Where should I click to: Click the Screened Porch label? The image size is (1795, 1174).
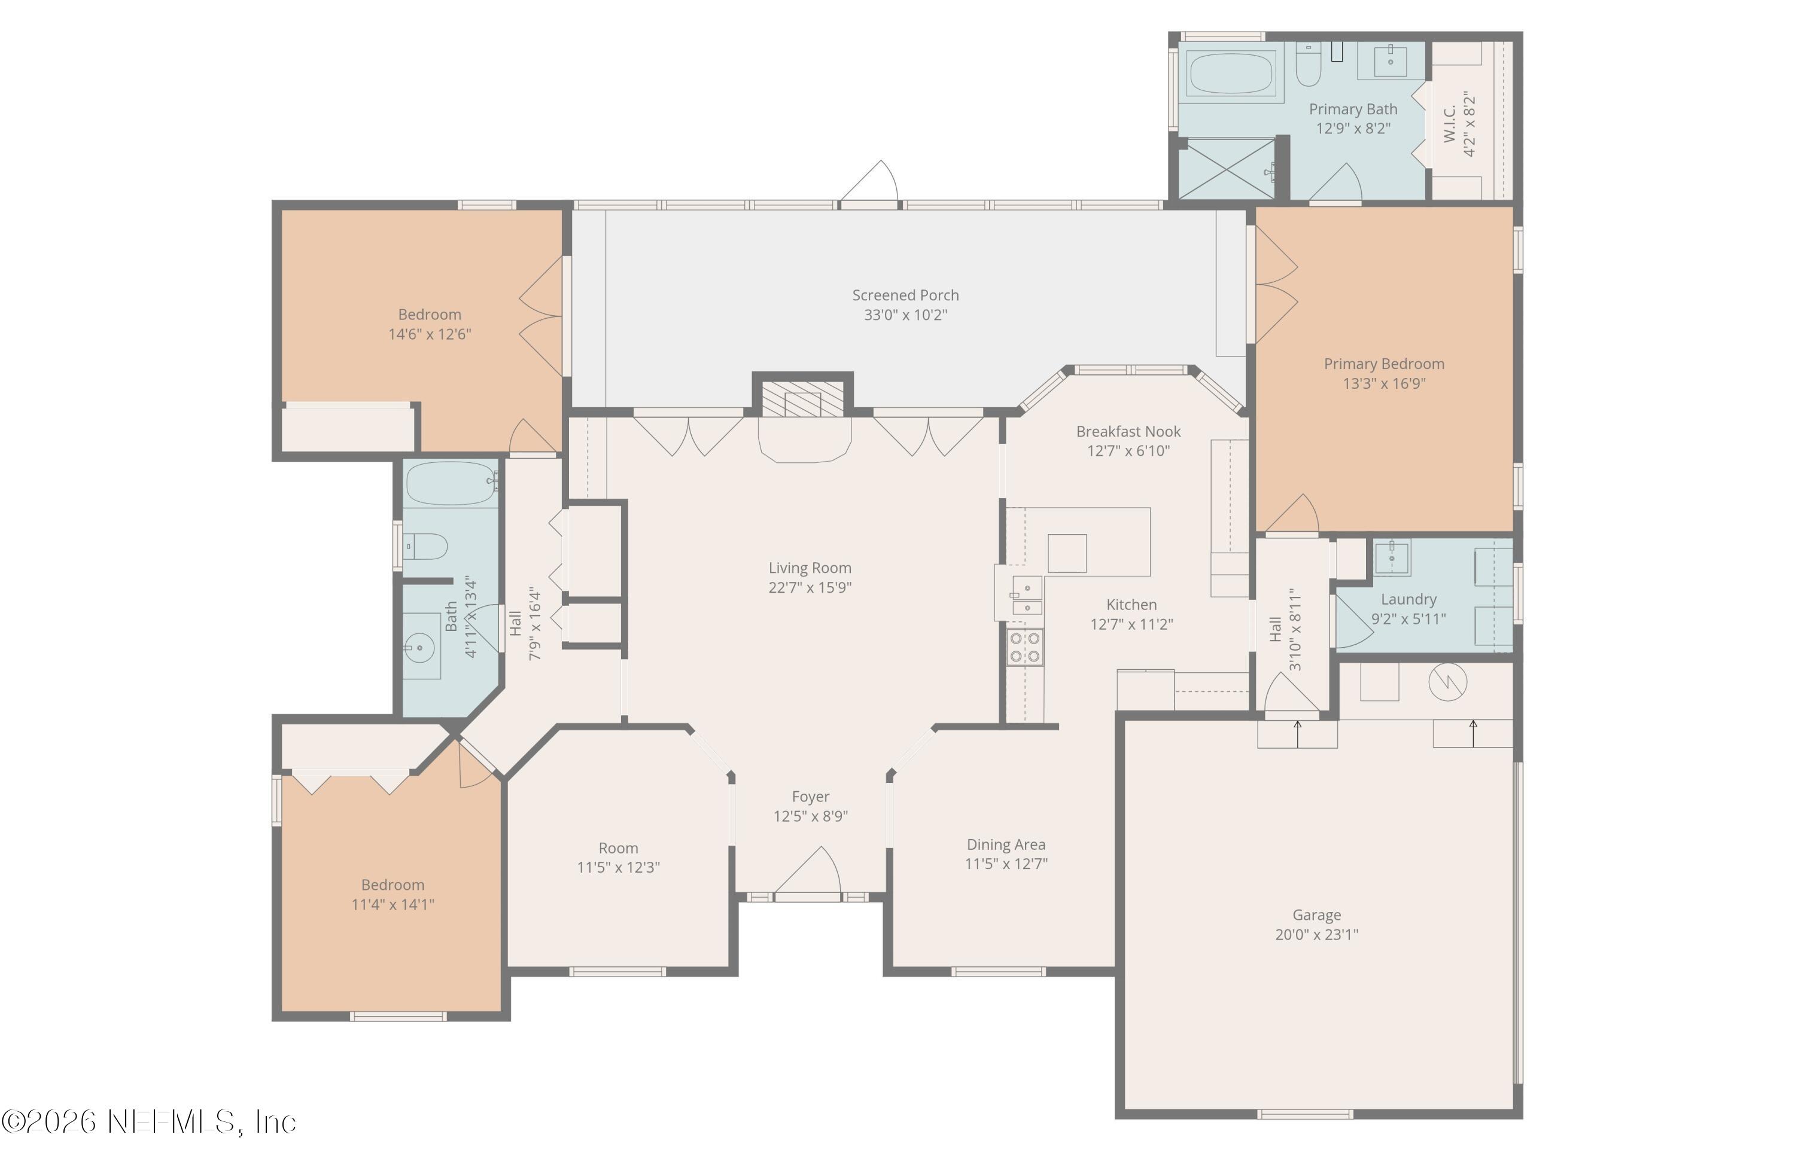coord(905,295)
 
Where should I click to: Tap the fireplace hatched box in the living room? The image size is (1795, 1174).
coord(802,399)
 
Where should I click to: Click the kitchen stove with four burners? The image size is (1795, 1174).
coord(1026,648)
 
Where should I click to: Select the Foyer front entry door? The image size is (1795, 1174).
coord(808,874)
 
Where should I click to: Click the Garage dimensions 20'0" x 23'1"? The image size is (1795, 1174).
coord(1316,935)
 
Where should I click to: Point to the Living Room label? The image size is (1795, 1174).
coord(810,568)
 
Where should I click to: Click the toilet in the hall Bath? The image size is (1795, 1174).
coord(426,546)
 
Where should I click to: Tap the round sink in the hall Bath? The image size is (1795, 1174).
coord(419,647)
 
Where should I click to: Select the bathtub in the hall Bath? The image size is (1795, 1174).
coord(451,483)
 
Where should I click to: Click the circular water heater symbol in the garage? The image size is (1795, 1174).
coord(1447,682)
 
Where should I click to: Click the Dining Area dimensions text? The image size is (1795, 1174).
coord(1006,864)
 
